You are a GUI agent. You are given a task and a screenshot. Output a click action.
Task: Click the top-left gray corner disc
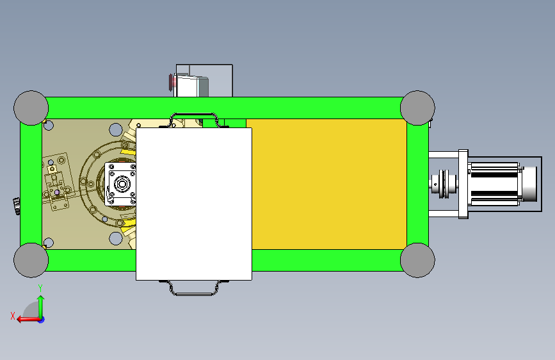(31, 108)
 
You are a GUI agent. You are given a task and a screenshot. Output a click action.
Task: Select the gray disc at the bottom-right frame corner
(417, 260)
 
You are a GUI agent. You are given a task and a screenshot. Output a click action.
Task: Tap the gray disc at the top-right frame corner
(417, 108)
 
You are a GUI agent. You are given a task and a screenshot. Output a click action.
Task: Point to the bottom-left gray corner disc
(31, 260)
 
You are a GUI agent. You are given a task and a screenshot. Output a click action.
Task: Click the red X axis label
(13, 316)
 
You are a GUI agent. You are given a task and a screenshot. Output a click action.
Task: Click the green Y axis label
(40, 288)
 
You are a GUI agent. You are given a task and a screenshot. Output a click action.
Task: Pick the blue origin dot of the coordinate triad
(42, 320)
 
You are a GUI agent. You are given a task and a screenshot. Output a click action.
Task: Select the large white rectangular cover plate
(194, 204)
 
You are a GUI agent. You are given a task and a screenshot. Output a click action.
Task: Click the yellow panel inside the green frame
(329, 184)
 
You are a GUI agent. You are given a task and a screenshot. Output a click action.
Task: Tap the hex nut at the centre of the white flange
(122, 184)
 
